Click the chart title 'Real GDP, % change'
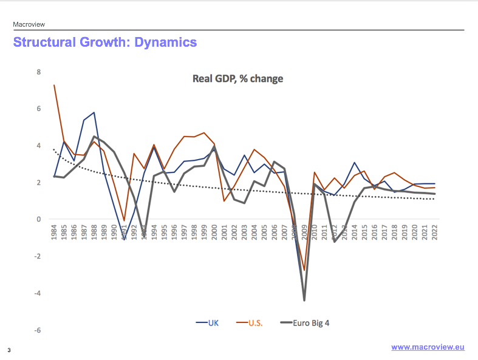237,79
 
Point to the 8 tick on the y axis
39,72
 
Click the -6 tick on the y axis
38,330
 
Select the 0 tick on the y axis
39,220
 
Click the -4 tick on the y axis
38,293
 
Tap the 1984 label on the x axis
54,233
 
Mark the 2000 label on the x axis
214,233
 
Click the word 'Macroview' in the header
29,24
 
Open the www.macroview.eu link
428,347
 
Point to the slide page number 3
9,350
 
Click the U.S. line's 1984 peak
54,85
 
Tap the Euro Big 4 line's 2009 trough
304,301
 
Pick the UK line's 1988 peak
94,112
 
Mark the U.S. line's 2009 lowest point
304,271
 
